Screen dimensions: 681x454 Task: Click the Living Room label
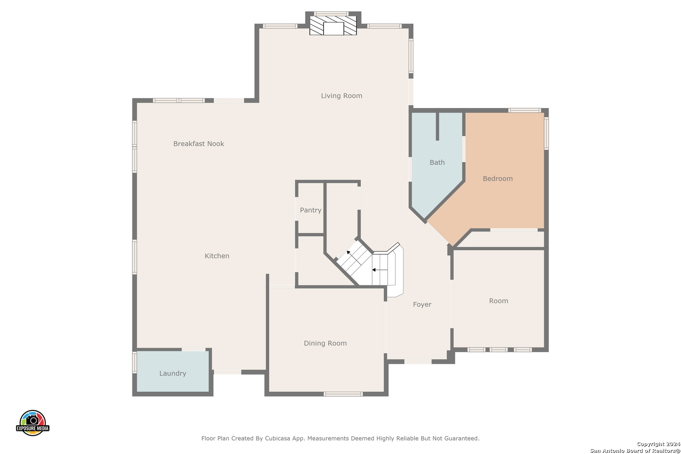coord(341,96)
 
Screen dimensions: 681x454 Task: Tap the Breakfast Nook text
coord(198,143)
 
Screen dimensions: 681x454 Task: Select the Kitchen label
coord(217,256)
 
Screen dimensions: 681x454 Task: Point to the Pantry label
coord(310,210)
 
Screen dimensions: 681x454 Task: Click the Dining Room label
coord(325,343)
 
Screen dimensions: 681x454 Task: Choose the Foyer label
coord(422,304)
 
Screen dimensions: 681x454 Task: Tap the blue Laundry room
coord(173,371)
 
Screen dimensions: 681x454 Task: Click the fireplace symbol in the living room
coord(333,26)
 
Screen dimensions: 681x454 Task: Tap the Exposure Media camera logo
coord(32,422)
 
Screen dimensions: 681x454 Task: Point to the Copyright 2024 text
coord(658,444)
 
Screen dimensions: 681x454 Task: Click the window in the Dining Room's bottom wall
coord(343,394)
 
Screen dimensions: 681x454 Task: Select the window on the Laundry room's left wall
coord(135,362)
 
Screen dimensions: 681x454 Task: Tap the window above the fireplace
coord(331,14)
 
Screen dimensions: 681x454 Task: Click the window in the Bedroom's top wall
coord(525,111)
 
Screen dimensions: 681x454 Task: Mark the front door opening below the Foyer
coord(418,362)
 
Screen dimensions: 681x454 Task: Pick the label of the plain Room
coord(498,301)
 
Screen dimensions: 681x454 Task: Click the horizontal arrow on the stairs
coord(380,270)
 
